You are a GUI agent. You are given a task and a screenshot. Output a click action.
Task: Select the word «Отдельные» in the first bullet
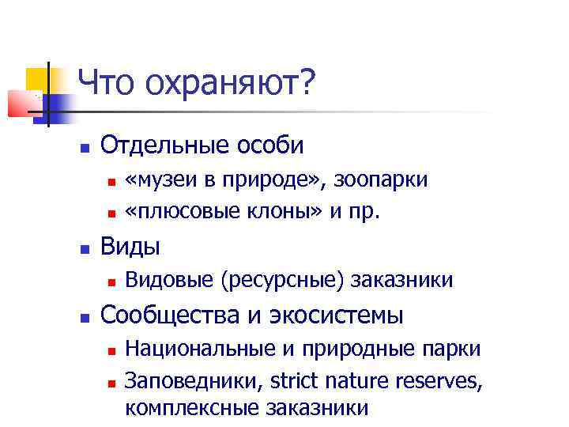(159, 146)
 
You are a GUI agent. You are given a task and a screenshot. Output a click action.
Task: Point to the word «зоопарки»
(381, 180)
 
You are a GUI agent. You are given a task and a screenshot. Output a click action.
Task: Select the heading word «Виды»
(130, 247)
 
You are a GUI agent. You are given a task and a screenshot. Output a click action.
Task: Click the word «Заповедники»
(195, 381)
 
